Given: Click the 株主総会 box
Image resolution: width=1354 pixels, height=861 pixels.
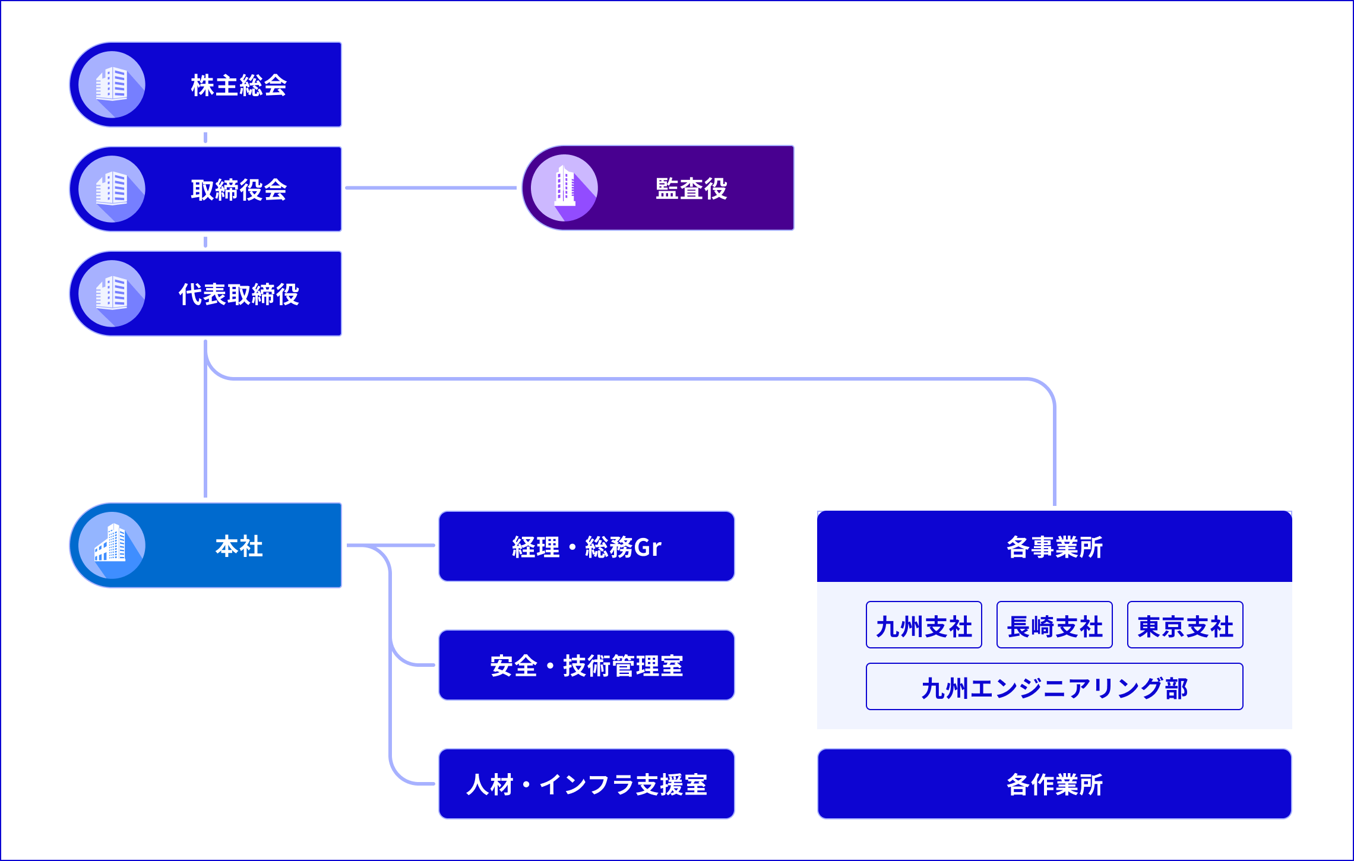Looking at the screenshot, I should click(238, 84).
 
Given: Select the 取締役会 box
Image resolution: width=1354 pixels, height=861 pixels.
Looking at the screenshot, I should click(238, 189).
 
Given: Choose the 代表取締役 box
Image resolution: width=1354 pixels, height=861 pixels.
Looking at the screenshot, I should click(238, 293).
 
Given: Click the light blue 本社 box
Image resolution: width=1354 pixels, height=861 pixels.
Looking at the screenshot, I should click(238, 545).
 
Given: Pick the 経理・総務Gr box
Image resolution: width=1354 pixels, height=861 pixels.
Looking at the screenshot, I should click(586, 546).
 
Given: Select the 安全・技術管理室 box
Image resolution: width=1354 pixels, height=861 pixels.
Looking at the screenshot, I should click(586, 665).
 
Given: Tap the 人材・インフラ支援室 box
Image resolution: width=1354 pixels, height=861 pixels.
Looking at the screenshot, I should click(586, 784).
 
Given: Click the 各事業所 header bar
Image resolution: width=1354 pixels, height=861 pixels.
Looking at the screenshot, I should click(1054, 546).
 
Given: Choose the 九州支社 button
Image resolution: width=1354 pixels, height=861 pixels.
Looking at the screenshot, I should click(923, 625).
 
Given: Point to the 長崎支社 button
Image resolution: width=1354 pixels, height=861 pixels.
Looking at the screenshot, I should click(1054, 625).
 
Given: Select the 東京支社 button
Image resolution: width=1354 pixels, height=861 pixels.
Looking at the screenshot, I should click(1185, 625).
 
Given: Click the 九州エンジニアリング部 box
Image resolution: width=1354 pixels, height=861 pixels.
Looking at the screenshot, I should click(1054, 687).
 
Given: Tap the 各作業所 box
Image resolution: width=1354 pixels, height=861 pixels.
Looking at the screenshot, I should click(1054, 784).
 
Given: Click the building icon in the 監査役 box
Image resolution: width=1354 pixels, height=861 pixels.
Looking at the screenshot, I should click(564, 188).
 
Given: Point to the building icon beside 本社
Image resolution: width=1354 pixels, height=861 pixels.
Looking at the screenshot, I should click(111, 545).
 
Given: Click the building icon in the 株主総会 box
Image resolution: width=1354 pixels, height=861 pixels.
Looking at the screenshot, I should click(111, 84).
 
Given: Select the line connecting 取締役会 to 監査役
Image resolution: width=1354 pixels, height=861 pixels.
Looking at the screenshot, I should click(431, 188).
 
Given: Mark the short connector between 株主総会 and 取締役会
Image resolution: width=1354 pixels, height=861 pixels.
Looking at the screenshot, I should click(205, 137).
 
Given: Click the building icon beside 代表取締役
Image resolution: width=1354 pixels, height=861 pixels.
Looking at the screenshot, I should click(111, 293).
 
